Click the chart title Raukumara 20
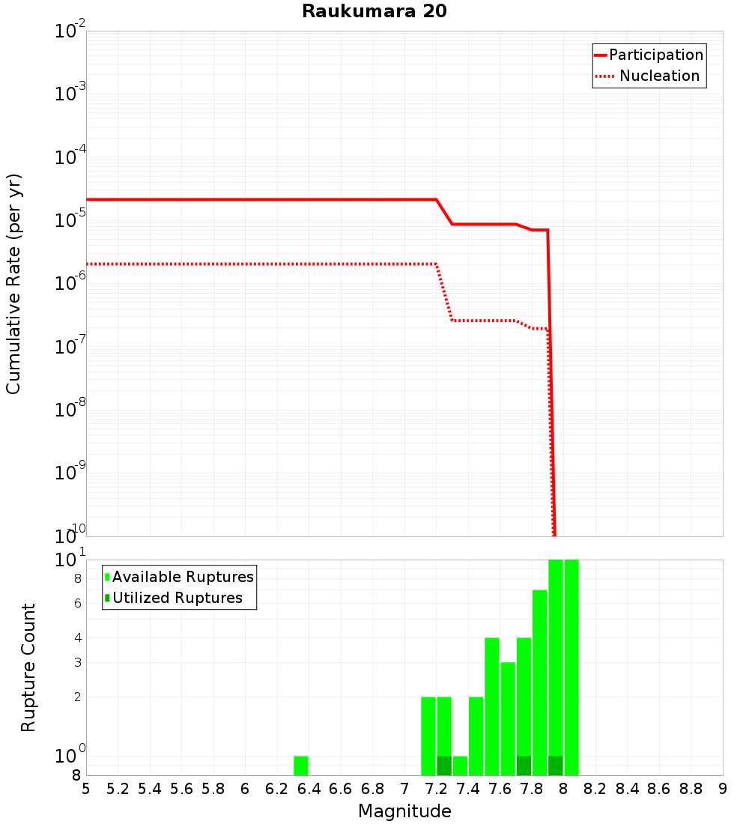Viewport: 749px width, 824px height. (x=374, y=12)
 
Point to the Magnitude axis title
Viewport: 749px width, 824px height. (x=404, y=811)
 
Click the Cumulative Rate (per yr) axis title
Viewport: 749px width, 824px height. (x=13, y=283)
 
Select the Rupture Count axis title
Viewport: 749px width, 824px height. (x=28, y=667)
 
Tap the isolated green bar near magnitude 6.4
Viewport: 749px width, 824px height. (x=301, y=766)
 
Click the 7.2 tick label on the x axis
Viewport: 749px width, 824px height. (x=437, y=789)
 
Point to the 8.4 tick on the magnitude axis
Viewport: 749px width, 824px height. (x=628, y=789)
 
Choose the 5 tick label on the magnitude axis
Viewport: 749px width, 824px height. (x=86, y=789)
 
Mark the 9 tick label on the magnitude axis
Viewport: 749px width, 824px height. (x=723, y=789)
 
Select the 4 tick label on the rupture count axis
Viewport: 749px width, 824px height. (x=77, y=637)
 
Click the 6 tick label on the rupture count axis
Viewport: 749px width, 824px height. (x=77, y=603)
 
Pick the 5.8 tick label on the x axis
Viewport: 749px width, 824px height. (x=213, y=789)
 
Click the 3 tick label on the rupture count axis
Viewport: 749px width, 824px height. (x=77, y=662)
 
